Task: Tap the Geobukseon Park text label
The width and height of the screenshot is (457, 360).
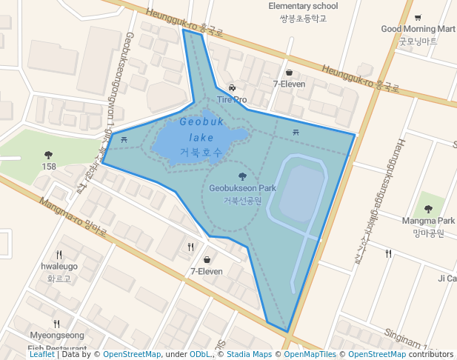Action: click(x=242, y=188)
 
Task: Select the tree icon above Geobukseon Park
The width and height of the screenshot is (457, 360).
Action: click(x=242, y=176)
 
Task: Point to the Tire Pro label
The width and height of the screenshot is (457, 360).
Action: click(x=232, y=99)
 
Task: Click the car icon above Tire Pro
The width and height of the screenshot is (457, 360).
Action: click(x=232, y=87)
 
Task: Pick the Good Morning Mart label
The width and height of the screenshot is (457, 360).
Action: click(x=418, y=29)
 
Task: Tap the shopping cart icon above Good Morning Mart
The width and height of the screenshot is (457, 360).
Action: click(x=418, y=18)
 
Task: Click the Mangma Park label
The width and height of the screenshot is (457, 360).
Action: click(x=428, y=221)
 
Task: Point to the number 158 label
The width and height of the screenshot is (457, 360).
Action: click(x=49, y=167)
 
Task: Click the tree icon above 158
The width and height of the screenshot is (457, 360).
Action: click(x=49, y=155)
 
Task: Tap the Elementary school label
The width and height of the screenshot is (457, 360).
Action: click(x=303, y=7)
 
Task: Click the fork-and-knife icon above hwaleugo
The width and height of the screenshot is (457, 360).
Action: click(x=59, y=253)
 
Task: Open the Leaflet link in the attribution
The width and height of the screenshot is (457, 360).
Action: click(x=42, y=355)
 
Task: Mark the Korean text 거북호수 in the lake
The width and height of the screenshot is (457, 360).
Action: click(x=201, y=152)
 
